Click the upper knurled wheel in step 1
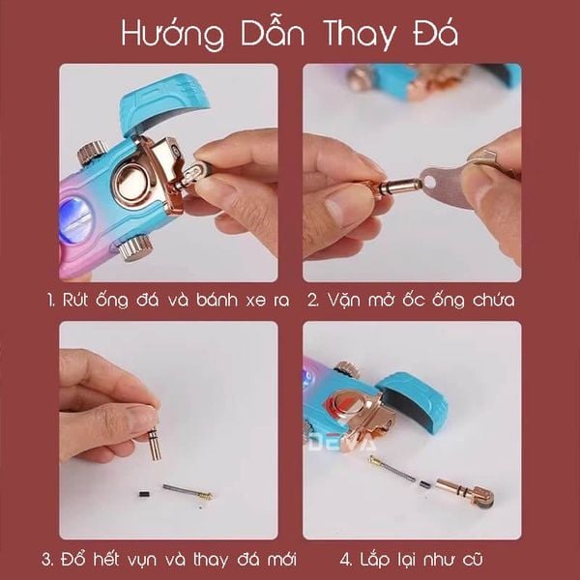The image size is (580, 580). pyautogui.click(x=93, y=153)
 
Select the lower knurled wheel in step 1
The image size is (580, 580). pyautogui.click(x=135, y=248)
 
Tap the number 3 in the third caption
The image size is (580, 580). pyautogui.click(x=47, y=560)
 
